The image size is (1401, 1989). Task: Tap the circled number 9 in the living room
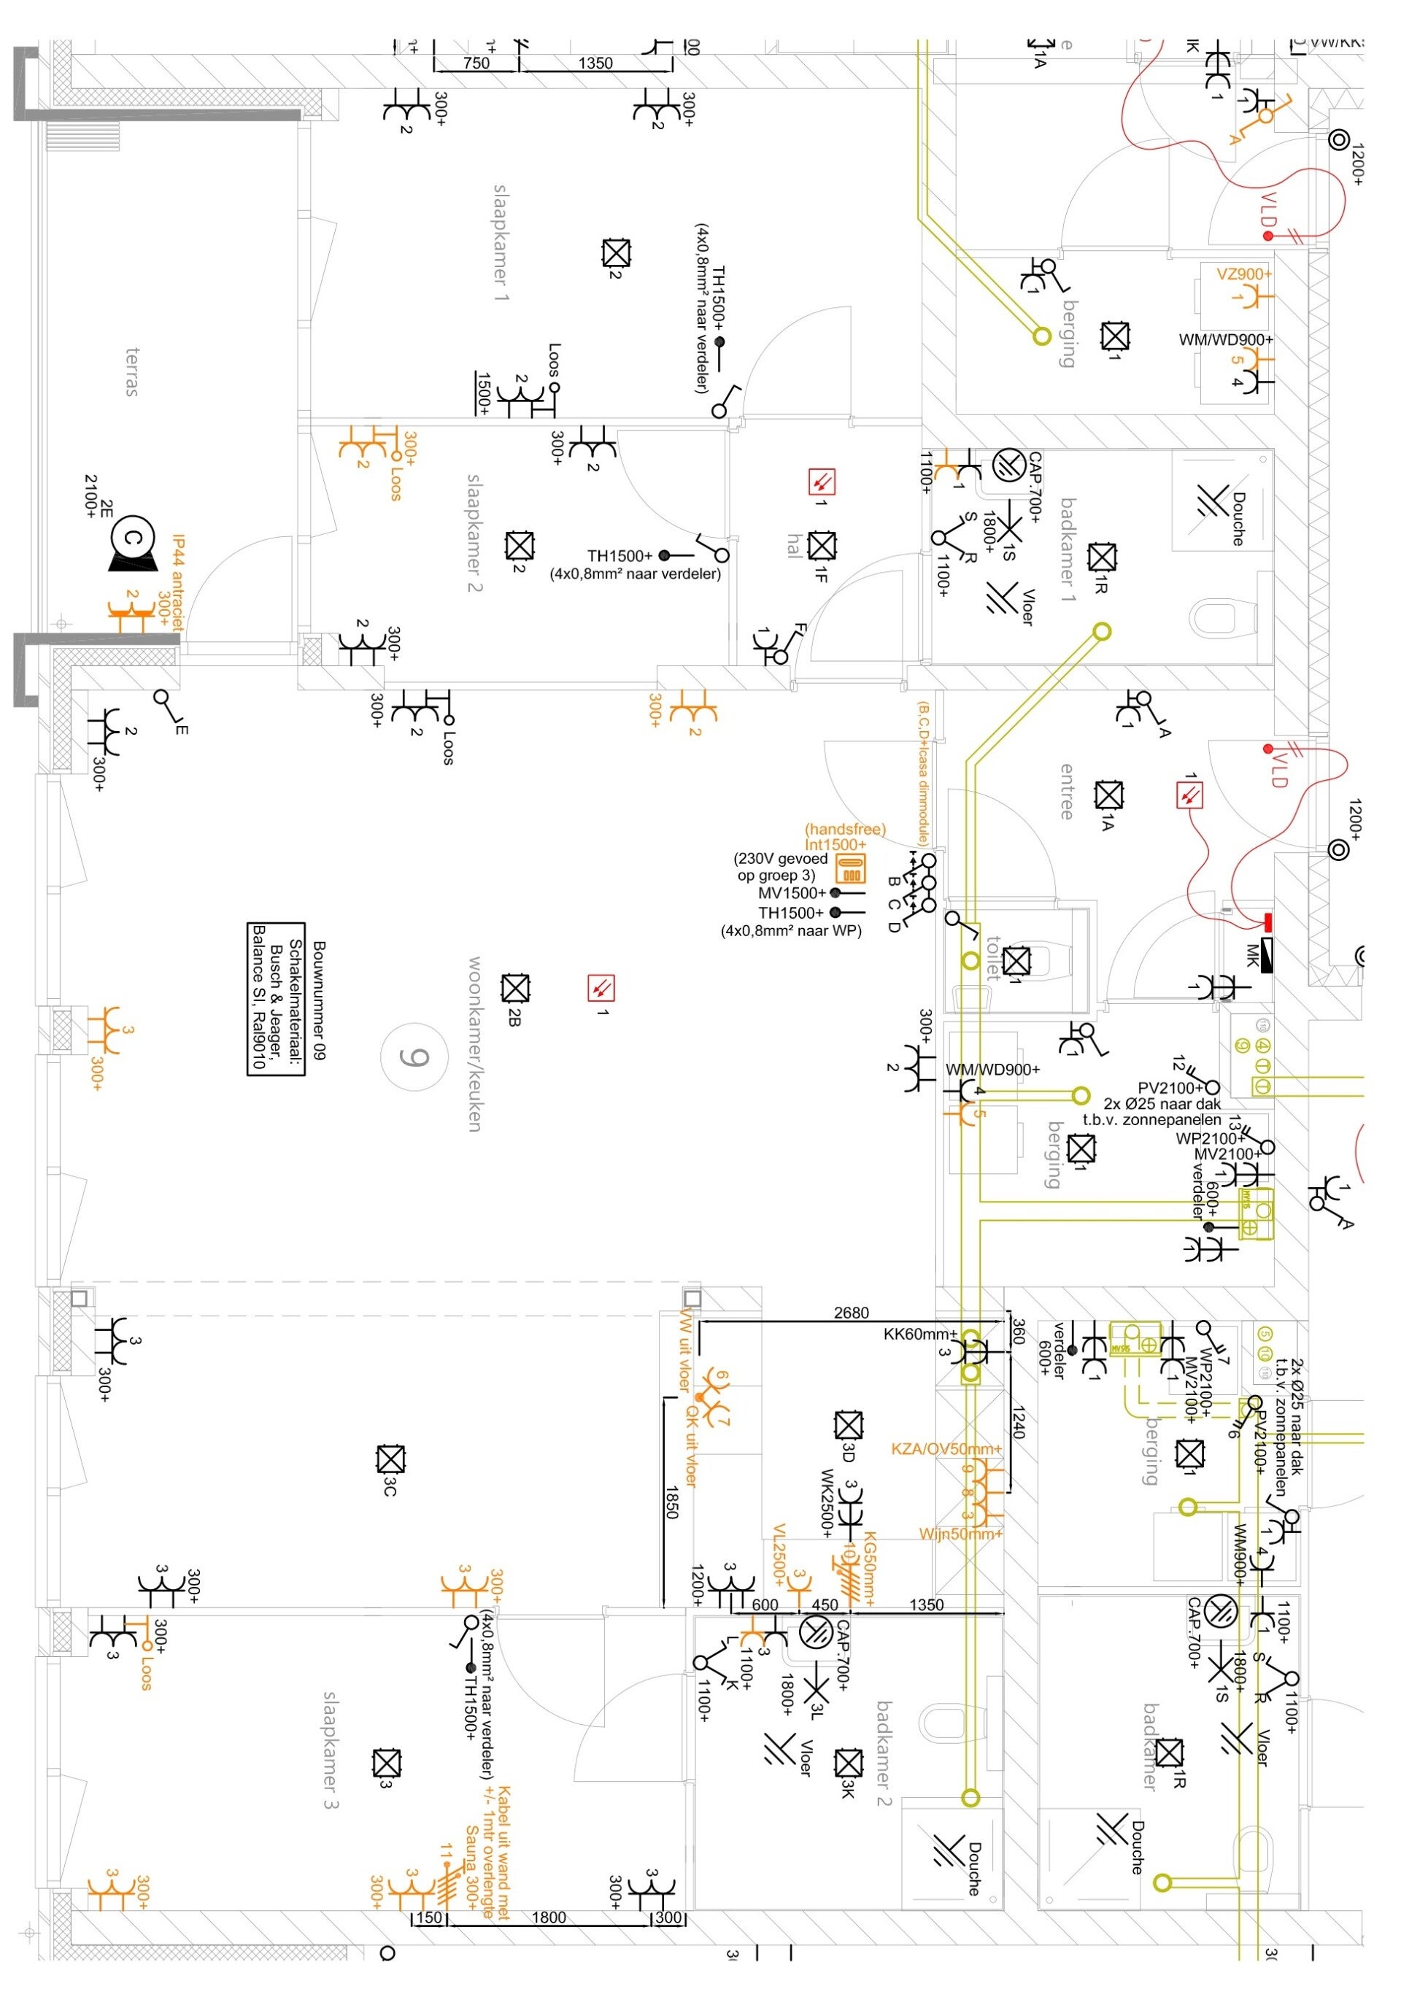pos(414,1057)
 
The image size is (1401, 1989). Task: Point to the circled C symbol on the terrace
pos(134,538)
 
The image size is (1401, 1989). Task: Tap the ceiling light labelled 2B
pos(515,989)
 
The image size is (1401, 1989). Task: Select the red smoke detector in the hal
pos(822,481)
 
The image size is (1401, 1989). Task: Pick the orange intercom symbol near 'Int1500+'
pos(851,869)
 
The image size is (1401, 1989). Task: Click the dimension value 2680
pos(851,1313)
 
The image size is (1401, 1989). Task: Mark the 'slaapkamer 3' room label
pos(330,1750)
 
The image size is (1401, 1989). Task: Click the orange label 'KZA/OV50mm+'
pos(946,1448)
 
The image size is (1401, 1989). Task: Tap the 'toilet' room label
pos(994,957)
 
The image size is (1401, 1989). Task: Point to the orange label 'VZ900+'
pos(1244,274)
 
